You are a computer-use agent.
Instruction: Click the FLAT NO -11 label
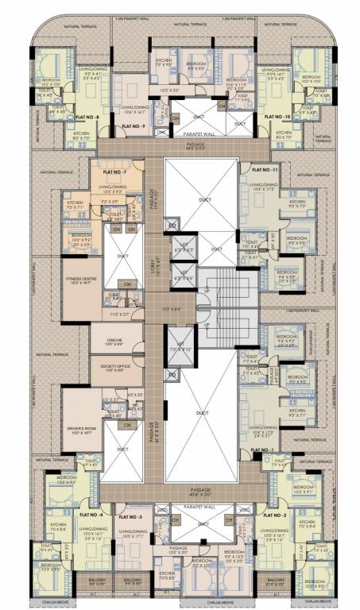pyautogui.click(x=263, y=170)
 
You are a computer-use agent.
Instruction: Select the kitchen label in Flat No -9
pyautogui.click(x=165, y=61)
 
